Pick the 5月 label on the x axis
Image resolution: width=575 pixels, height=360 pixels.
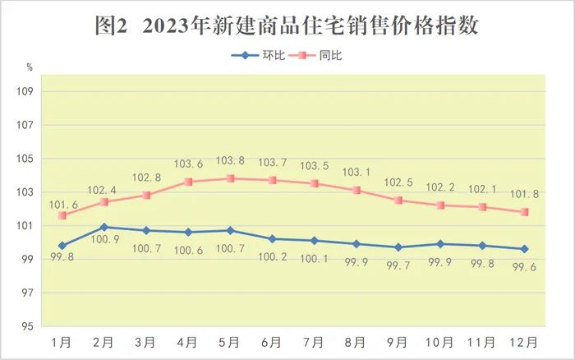pos(231,342)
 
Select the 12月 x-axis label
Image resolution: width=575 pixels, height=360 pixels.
pos(525,342)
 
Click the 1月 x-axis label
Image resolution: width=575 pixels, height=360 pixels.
pos(62,342)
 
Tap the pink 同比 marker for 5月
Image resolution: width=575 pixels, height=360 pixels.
pos(231,178)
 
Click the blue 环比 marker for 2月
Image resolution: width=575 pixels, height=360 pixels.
pos(103,227)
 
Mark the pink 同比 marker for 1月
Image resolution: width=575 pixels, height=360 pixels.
pos(62,215)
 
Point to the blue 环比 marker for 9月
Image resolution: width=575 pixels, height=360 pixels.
pos(398,247)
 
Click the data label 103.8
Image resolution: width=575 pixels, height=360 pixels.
pos(232,162)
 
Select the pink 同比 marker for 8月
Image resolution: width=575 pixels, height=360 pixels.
pos(356,190)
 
